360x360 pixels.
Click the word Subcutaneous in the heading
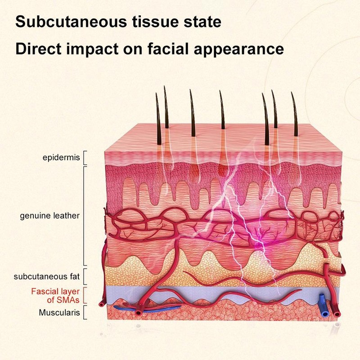point(71,22)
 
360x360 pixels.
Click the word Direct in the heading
point(38,49)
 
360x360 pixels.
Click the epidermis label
point(61,158)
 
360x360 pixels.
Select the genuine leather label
point(50,216)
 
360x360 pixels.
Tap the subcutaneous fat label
point(47,276)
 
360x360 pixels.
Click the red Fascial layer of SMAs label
point(55,296)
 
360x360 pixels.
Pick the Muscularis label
point(59,312)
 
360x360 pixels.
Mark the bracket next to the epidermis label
point(84,158)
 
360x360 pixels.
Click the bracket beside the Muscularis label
point(84,312)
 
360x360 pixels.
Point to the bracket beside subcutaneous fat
point(84,277)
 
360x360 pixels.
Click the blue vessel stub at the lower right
point(323,306)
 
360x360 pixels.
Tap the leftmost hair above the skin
point(158,119)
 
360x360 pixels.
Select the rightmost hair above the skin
point(295,114)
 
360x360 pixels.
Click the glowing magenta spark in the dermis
point(260,244)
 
